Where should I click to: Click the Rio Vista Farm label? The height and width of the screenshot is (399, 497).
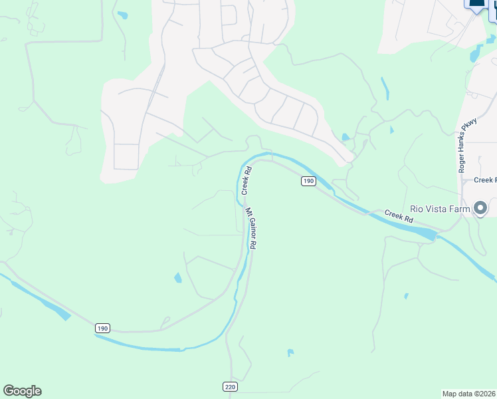pos(440,208)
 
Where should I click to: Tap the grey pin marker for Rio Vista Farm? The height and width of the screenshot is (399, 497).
pos(481,207)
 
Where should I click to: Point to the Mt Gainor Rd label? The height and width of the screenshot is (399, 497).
pos(251,228)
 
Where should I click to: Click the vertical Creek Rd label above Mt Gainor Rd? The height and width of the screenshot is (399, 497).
pos(246,180)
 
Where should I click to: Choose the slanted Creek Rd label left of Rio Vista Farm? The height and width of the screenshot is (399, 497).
pos(399,215)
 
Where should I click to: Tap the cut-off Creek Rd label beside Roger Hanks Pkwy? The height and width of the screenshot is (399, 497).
pos(485,180)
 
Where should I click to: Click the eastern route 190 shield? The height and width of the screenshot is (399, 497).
pos(308,181)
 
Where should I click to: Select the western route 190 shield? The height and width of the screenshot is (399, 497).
pos(102,329)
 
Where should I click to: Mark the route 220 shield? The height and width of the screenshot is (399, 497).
pos(229,386)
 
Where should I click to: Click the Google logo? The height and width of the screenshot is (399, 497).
pos(22,391)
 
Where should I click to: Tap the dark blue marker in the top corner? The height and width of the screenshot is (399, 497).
pos(477,3)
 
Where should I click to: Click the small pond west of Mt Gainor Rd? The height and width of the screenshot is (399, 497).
pos(177,278)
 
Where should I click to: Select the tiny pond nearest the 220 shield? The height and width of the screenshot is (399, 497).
pos(290,352)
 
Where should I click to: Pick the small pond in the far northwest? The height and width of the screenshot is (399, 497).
pos(122,15)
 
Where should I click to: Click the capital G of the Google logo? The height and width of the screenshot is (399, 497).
pos(9,391)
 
